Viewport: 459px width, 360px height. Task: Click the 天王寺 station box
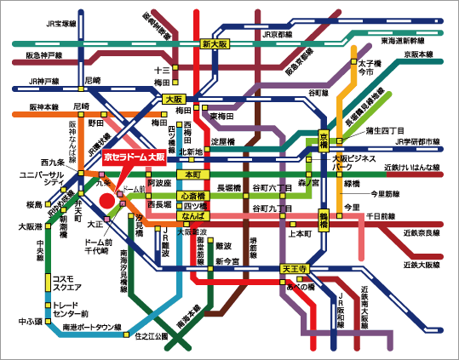[294, 269]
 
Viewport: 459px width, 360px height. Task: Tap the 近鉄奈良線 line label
[423, 231]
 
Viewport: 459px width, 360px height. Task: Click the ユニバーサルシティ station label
[37, 180]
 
